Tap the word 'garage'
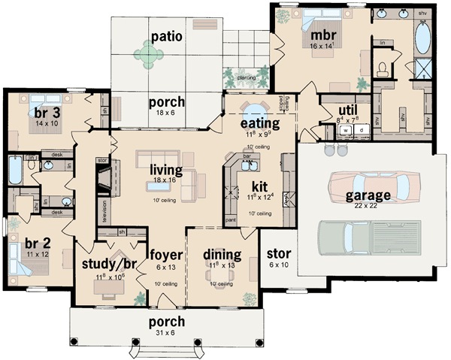pyautogui.click(x=367, y=195)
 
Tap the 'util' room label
pyautogui.click(x=330, y=111)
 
